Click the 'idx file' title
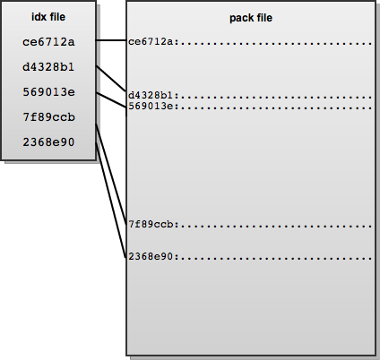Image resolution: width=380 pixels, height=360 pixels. (48, 17)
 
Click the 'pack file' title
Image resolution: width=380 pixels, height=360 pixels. (251, 18)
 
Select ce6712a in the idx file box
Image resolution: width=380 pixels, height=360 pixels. (48, 42)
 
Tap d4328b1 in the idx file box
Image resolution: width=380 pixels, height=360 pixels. (48, 67)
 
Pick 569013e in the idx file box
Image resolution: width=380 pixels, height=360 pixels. (49, 92)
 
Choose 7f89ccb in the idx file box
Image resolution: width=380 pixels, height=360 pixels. (49, 117)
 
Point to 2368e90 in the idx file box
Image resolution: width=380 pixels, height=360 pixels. (48, 142)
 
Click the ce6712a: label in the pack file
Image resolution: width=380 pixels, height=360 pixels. (153, 42)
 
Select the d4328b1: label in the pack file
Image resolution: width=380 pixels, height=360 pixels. (153, 96)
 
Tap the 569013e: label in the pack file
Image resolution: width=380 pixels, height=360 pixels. (153, 106)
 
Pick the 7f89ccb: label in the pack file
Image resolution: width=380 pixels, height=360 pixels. (153, 224)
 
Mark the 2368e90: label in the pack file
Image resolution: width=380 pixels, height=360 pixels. (153, 256)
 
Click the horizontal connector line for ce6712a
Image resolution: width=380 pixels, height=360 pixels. (111, 40)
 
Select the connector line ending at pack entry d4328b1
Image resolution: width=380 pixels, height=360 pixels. (111, 78)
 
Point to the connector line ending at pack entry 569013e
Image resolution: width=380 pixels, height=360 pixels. (111, 100)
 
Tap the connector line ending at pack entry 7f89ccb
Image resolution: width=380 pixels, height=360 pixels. (111, 175)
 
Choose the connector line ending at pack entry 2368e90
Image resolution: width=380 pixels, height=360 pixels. (111, 200)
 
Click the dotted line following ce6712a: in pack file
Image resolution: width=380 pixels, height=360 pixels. (276, 44)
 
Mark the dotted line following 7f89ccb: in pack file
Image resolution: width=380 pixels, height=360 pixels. (276, 227)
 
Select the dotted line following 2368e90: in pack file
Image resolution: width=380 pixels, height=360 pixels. (276, 259)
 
